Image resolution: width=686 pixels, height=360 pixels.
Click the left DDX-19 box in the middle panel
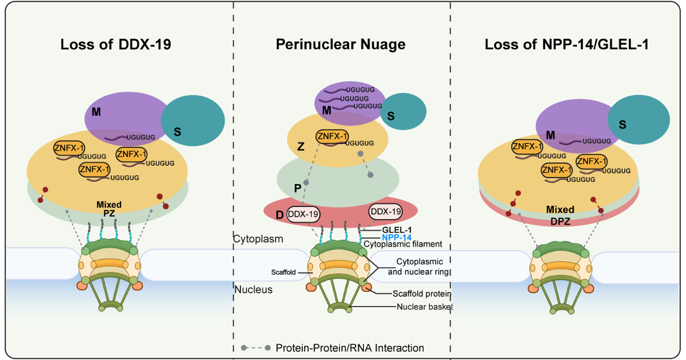(304, 214)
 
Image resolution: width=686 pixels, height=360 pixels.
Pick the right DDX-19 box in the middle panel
(385, 211)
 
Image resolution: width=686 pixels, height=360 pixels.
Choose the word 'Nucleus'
(253, 289)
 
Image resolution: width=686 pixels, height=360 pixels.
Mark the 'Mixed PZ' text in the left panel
(110, 209)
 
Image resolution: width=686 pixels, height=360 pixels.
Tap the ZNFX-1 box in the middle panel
(332, 136)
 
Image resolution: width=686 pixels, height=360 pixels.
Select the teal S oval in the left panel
(192, 119)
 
